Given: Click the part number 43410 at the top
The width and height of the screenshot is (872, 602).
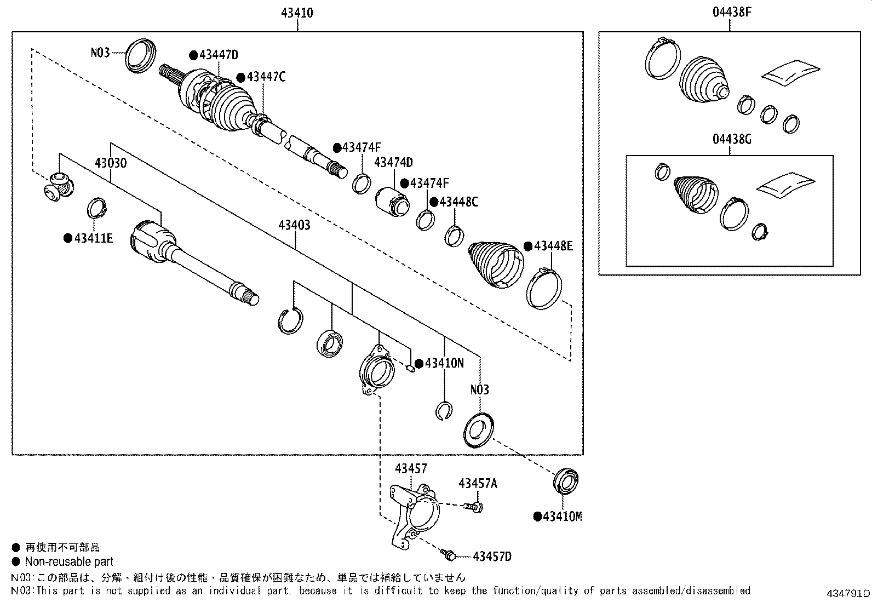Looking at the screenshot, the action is point(297,13).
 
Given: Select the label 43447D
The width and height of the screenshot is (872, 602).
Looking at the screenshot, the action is point(219,55).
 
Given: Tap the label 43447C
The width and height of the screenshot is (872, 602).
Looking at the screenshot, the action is point(266,77).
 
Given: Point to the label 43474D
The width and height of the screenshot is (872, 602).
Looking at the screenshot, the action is point(393,162).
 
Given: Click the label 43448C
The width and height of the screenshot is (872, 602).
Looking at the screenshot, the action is point(458,202).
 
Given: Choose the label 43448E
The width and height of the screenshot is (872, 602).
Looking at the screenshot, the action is point(553,246).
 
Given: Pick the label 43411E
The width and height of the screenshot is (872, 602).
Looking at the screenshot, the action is point(94,238).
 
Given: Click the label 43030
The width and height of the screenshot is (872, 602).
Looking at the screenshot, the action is point(111,163).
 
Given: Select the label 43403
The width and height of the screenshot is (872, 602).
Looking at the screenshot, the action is point(295,225).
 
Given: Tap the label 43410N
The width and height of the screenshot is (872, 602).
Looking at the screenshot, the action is point(444,363).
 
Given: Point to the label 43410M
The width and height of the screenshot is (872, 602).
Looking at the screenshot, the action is point(563,517).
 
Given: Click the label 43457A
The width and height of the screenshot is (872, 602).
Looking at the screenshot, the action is point(478,484).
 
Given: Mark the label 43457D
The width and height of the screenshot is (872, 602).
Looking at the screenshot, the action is point(492,557).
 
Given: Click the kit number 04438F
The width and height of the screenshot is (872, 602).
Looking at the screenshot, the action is point(732,13).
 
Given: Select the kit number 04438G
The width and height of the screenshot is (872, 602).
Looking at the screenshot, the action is point(732,139).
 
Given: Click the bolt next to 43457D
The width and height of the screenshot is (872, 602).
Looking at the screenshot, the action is point(448,555).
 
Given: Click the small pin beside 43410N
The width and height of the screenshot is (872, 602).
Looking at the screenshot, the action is point(410,368).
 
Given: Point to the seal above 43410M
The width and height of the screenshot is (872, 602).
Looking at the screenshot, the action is point(566,481).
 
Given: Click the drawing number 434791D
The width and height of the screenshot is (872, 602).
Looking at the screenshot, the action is point(848,593).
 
